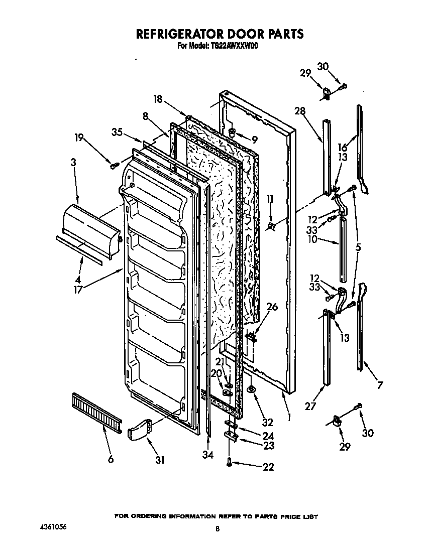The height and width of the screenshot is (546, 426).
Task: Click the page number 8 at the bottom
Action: click(217, 528)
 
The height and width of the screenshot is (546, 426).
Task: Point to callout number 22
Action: click(268, 467)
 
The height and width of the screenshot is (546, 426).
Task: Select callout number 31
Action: click(160, 459)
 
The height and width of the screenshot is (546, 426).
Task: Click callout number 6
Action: click(111, 459)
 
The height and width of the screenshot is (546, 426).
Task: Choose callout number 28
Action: click(300, 111)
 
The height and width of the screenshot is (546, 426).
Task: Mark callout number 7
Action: click(380, 385)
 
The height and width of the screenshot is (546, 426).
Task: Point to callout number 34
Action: click(208, 455)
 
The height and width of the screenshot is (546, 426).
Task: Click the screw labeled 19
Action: click(115, 164)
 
